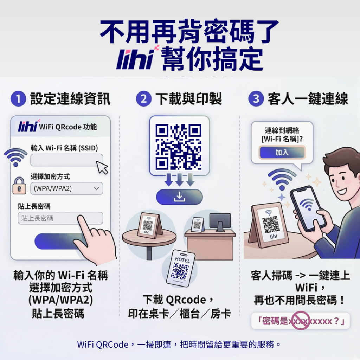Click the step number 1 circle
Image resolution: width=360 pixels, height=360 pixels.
(18, 99)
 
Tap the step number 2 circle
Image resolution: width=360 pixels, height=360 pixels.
(143, 99)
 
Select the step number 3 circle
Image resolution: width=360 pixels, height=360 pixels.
(256, 99)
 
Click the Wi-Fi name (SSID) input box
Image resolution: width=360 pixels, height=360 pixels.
(66, 160)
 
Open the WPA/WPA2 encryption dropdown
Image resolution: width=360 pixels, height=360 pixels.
(66, 188)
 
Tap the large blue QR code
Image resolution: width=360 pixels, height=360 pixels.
(179, 146)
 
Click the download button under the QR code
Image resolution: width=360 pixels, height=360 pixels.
(179, 197)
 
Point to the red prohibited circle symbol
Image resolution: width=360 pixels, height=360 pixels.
(300, 321)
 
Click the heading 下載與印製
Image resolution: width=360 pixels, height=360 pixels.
(188, 99)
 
